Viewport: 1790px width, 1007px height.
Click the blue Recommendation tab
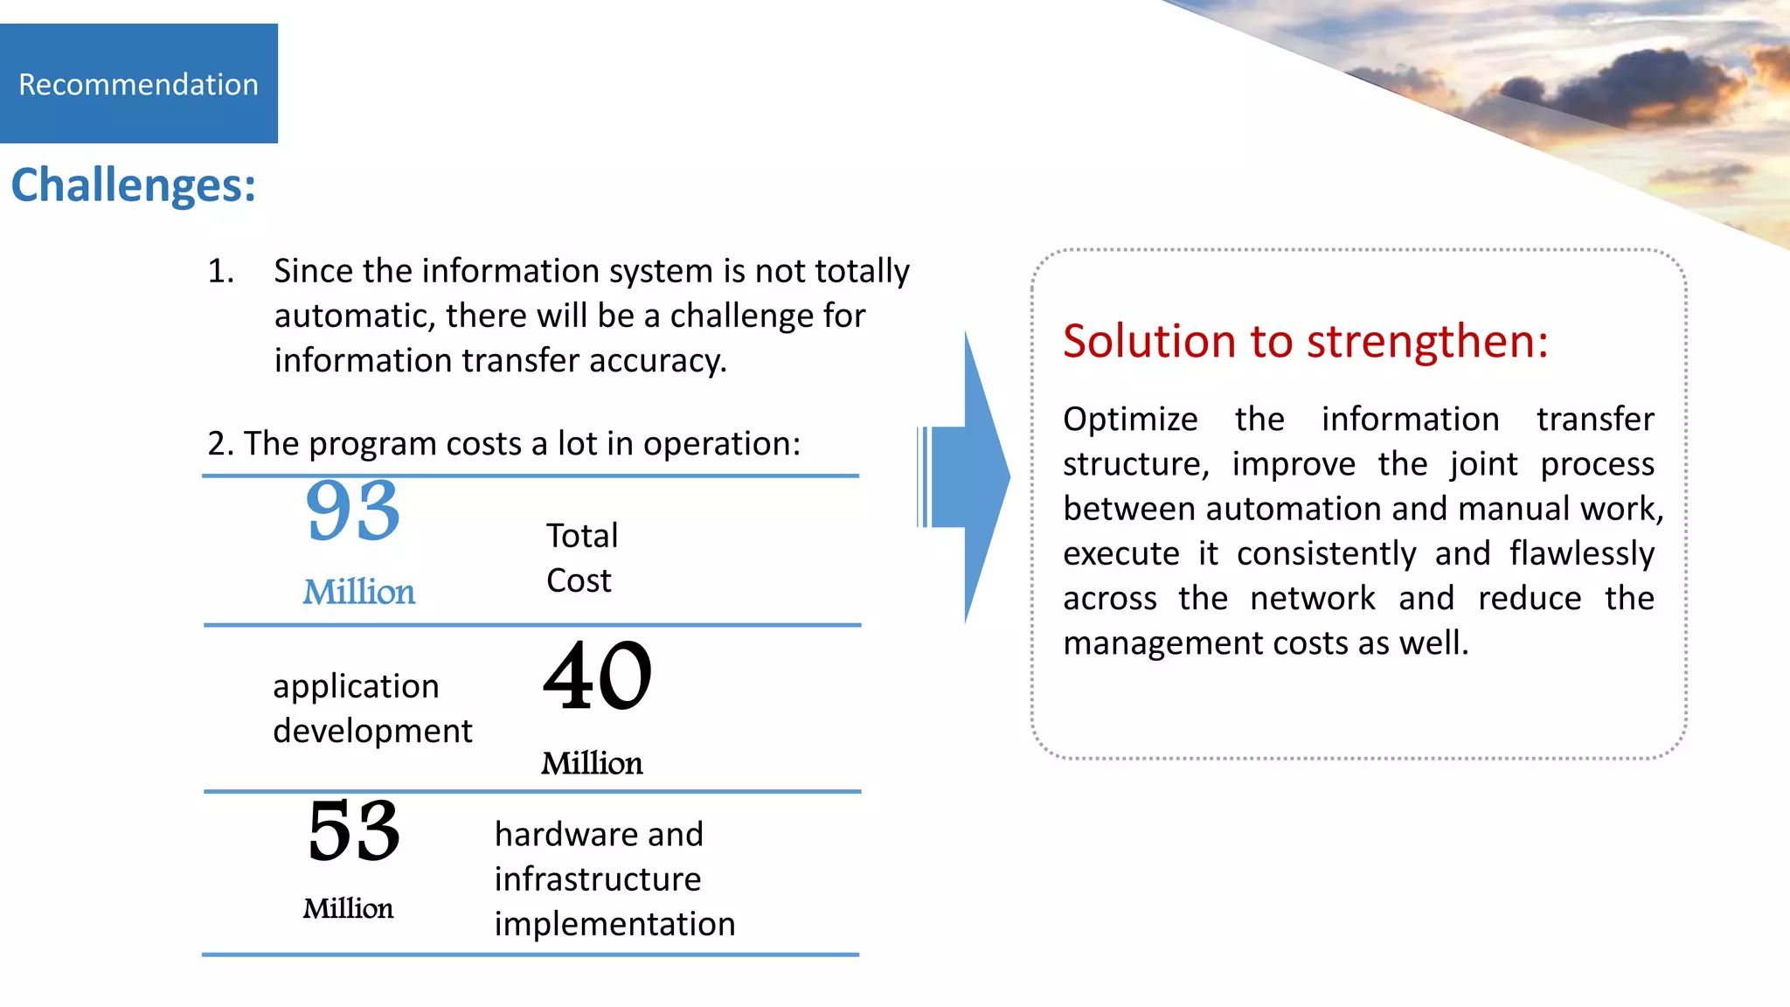[x=138, y=84]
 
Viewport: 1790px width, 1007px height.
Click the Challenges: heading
[x=133, y=185]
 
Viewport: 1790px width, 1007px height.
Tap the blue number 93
[x=353, y=510]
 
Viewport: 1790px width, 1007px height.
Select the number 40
[x=598, y=675]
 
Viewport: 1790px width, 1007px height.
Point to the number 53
[x=353, y=830]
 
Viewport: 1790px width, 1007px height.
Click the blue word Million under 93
[x=358, y=593]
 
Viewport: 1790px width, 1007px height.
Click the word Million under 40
[x=592, y=764]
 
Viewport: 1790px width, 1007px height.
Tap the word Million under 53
[x=348, y=909]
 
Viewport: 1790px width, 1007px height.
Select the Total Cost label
[x=581, y=558]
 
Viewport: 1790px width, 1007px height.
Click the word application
[x=356, y=687]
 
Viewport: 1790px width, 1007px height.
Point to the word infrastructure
[x=598, y=879]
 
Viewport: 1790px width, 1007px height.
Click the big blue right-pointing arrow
[x=970, y=477]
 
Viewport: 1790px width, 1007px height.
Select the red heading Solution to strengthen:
[x=1305, y=341]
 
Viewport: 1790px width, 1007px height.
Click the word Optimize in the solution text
[x=1130, y=420]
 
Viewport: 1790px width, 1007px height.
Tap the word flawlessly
[x=1582, y=554]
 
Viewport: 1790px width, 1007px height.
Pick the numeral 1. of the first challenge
[x=221, y=272]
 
